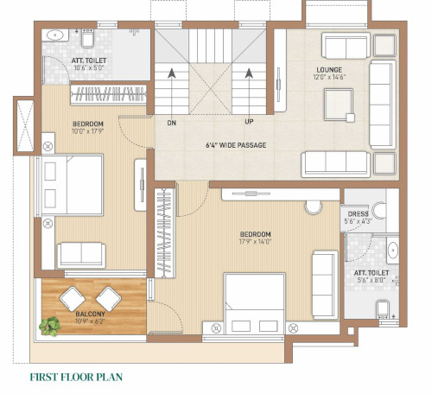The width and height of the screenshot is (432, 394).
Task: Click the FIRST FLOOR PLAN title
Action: pyautogui.click(x=77, y=377)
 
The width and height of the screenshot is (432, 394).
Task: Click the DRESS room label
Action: pyautogui.click(x=359, y=213)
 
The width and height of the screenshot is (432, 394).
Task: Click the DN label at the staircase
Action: pyautogui.click(x=172, y=123)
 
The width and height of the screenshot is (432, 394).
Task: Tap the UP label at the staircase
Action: pyautogui.click(x=250, y=123)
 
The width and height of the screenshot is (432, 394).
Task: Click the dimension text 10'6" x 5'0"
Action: pyautogui.click(x=89, y=67)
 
